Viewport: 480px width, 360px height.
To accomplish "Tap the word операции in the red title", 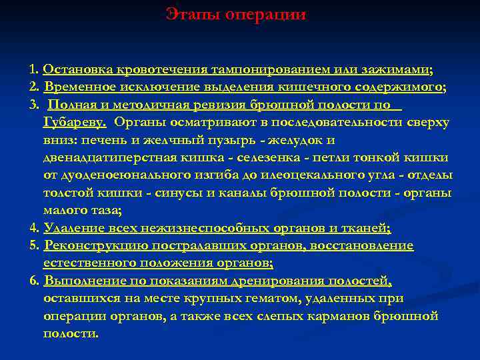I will (x=265, y=15).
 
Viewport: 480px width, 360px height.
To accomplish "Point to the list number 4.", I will (x=33, y=228).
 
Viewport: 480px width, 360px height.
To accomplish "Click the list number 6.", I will (x=34, y=281).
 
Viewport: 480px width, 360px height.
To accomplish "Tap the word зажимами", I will (x=393, y=70).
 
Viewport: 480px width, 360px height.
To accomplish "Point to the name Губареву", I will (x=75, y=123).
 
